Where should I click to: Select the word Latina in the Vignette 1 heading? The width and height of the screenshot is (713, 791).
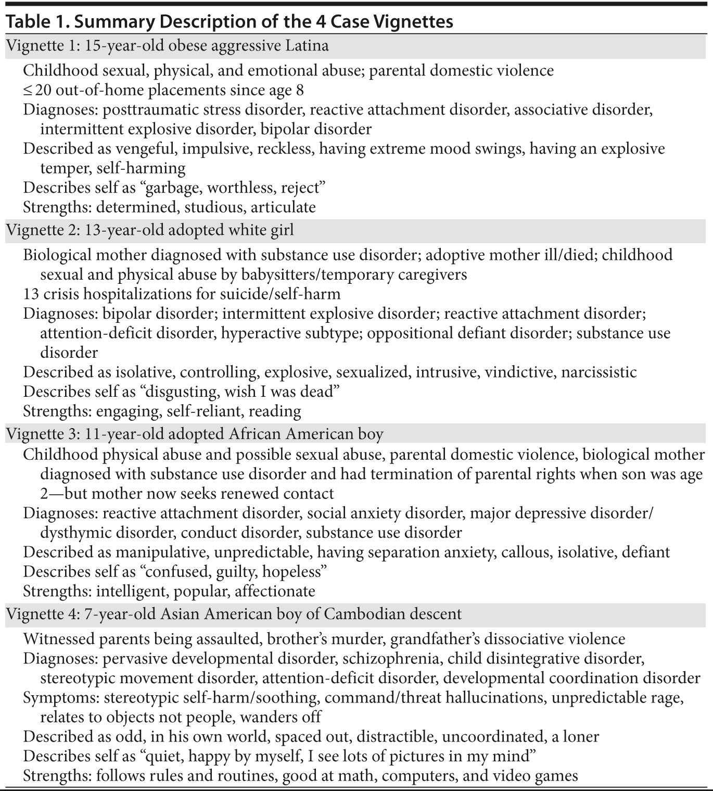(307, 46)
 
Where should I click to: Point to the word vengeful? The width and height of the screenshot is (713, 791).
(143, 149)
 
